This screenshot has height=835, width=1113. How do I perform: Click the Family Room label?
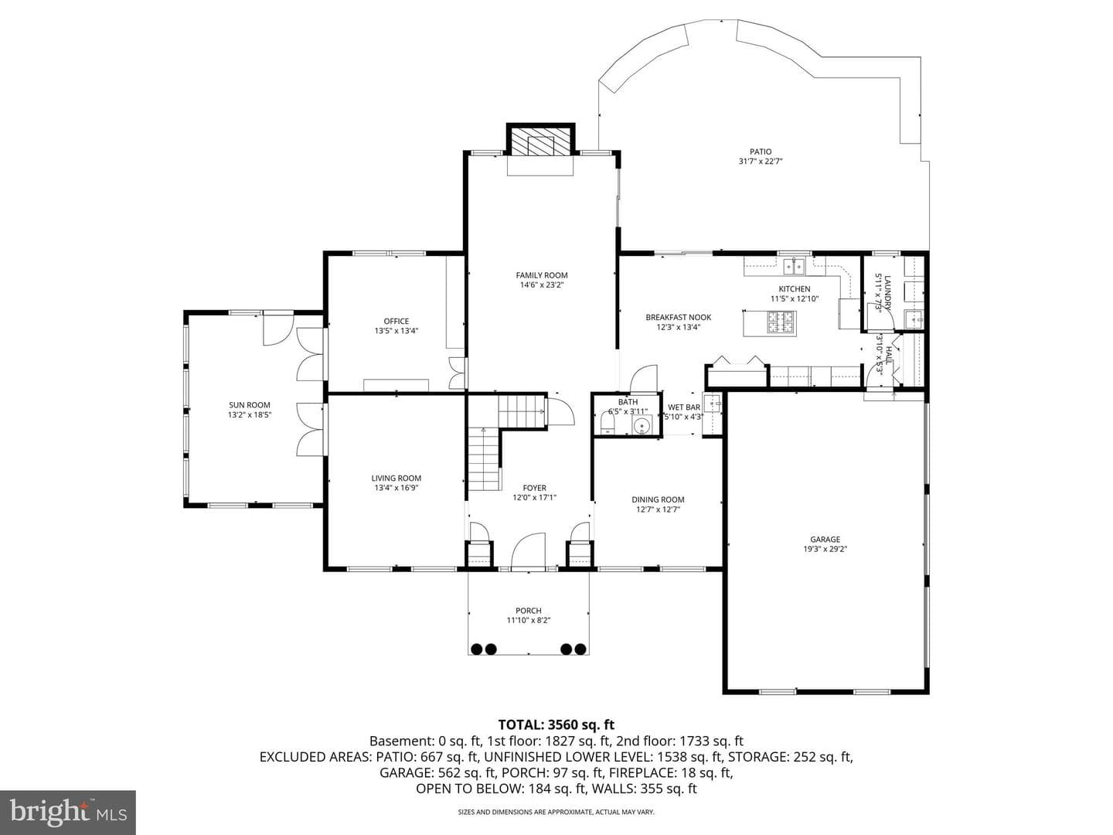(x=542, y=275)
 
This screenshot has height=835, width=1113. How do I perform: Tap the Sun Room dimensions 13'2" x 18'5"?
(x=250, y=414)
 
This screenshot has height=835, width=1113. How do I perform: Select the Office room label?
(x=396, y=321)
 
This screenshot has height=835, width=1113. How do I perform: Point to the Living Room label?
(x=396, y=478)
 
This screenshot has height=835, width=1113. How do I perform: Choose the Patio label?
(x=761, y=152)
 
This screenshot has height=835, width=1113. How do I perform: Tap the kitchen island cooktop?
(x=781, y=322)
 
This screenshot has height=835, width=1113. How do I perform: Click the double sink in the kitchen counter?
(x=794, y=266)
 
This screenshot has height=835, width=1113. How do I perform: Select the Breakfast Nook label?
(x=679, y=317)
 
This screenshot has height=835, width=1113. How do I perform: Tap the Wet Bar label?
(x=684, y=407)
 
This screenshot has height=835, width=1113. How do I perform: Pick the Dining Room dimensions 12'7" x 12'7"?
(x=659, y=510)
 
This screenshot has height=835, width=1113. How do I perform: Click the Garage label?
(x=825, y=540)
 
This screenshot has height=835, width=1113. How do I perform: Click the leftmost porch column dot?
(x=477, y=649)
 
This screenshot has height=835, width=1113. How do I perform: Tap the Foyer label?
(x=534, y=488)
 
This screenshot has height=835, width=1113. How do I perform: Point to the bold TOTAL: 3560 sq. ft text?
(x=556, y=724)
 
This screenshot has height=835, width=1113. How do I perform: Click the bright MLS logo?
(x=68, y=812)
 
